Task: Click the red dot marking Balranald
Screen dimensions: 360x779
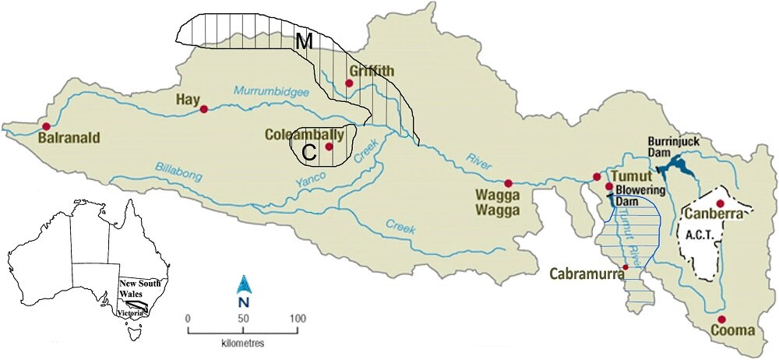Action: [x=47, y=126]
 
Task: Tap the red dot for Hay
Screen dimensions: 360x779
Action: [x=204, y=110]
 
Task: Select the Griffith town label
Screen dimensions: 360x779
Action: [x=372, y=71]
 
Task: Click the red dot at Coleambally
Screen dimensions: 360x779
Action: [x=329, y=146]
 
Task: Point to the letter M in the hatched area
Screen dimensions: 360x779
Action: [x=305, y=44]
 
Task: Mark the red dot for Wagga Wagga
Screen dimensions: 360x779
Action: [x=507, y=182]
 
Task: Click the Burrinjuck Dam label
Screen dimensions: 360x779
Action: [x=671, y=147]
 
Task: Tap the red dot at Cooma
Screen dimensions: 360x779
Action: [x=722, y=319]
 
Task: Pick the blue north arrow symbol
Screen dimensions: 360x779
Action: [x=243, y=284]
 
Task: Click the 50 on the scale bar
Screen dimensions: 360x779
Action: [x=242, y=318]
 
